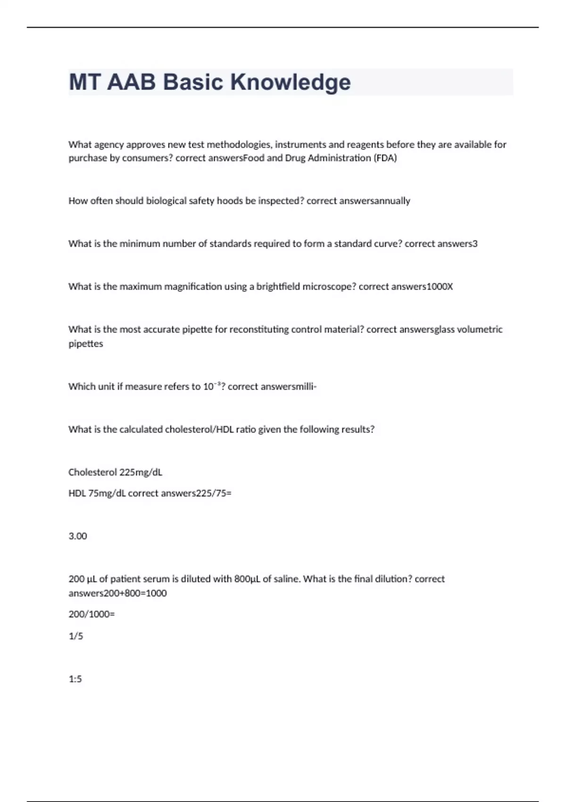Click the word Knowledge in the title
(x=290, y=82)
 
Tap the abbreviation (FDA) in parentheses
(x=385, y=158)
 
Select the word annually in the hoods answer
(x=391, y=201)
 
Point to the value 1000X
(x=439, y=286)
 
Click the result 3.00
(x=78, y=536)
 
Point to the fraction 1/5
(x=76, y=636)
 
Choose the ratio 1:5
(x=75, y=679)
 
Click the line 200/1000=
(x=92, y=614)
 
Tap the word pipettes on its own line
(x=86, y=344)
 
